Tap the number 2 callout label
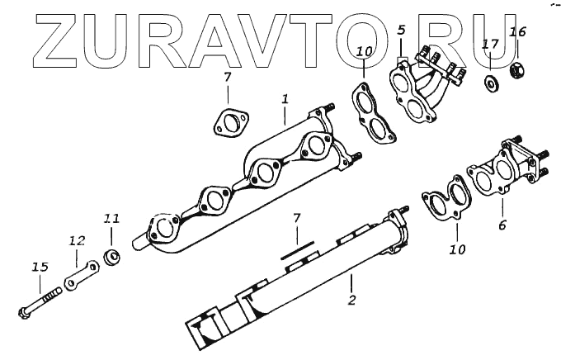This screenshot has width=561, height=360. point(351,300)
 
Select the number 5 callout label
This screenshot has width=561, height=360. point(401,31)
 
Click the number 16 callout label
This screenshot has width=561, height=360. point(517,32)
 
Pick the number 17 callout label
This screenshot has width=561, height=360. point(490,44)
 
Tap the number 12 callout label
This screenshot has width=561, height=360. point(76,241)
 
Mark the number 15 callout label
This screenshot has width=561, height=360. point(40,267)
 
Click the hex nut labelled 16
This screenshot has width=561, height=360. point(520,70)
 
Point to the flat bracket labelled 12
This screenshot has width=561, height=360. point(82,274)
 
